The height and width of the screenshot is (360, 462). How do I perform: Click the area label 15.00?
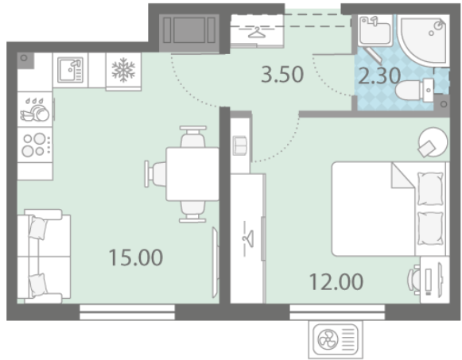click(136, 257)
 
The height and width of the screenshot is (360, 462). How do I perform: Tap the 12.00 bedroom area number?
click(336, 281)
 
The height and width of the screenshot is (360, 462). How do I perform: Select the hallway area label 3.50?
click(282, 74)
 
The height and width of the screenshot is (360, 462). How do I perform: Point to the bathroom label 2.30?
click(379, 76)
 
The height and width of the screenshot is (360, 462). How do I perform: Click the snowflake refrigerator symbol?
click(123, 70)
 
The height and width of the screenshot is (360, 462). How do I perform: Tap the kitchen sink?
click(70, 70)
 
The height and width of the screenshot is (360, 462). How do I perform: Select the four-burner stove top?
click(35, 145)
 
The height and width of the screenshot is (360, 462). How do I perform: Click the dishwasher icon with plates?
click(35, 110)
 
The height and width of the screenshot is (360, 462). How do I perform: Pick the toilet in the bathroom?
click(414, 90)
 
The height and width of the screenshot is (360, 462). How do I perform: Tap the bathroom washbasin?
click(375, 30)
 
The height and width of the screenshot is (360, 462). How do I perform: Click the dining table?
click(192, 174)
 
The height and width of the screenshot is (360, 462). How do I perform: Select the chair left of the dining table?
click(155, 174)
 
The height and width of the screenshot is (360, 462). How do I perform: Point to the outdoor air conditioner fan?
click(328, 339)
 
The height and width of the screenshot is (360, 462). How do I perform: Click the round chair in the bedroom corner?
click(433, 142)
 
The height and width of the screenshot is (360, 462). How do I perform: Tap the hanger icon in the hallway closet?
click(257, 33)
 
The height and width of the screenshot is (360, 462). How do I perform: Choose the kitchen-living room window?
click(127, 312)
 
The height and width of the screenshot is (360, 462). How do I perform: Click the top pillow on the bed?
click(430, 188)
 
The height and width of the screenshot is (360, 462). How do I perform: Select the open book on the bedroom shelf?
click(240, 145)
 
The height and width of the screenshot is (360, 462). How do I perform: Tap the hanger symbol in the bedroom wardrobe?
click(248, 238)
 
